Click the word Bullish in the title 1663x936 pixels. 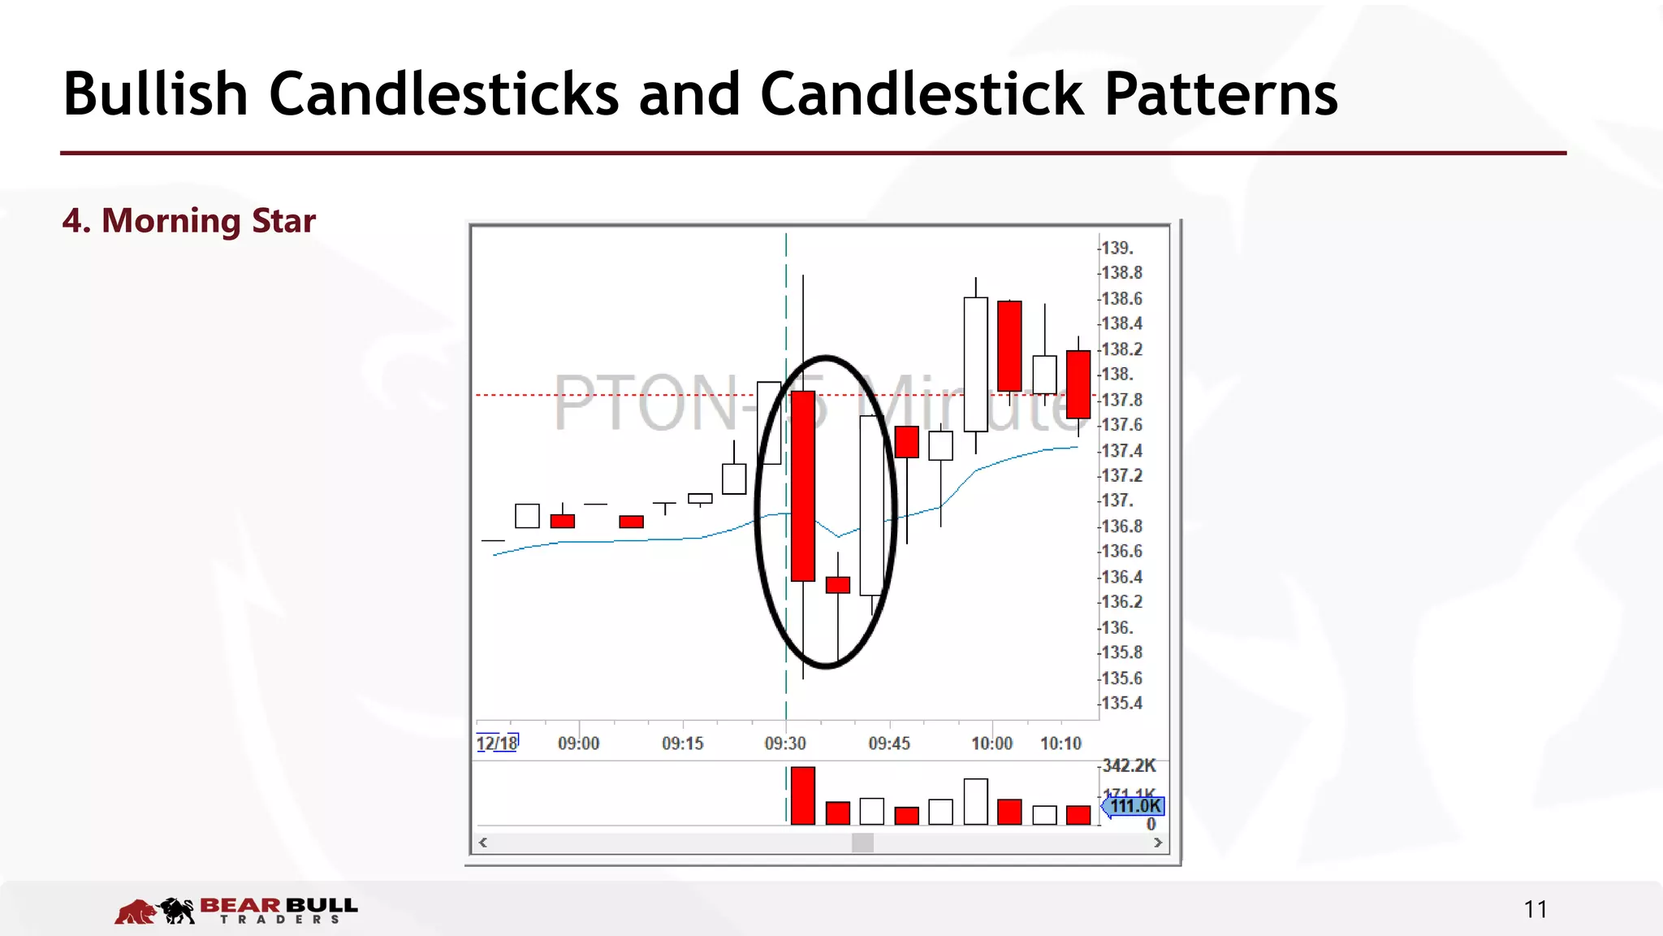tap(155, 94)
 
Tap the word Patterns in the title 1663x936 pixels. tap(1220, 94)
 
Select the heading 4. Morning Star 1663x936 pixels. tap(188, 221)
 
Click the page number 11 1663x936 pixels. tap(1535, 909)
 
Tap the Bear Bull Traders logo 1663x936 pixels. tap(236, 911)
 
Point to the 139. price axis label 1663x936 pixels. tap(1117, 248)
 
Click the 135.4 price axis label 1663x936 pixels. tap(1121, 703)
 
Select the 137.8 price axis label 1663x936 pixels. tap(1121, 400)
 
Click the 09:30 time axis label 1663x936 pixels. tap(785, 743)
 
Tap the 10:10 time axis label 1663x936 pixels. tap(1060, 743)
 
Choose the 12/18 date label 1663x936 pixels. tap(497, 743)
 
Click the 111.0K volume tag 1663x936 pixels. tap(1135, 806)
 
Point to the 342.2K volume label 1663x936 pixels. tap(1129, 765)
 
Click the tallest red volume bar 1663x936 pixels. tap(803, 795)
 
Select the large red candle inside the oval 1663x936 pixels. tap(803, 486)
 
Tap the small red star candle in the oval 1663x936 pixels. tap(838, 585)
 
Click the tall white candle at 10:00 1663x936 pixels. tap(976, 364)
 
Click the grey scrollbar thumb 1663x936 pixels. tap(862, 843)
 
